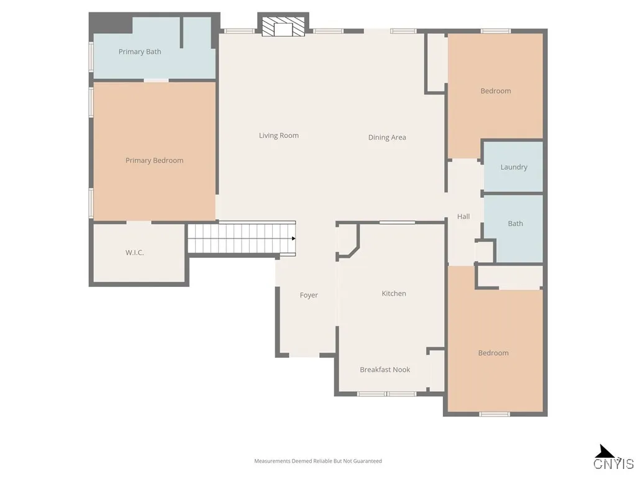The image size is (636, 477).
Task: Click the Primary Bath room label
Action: pos(140,52)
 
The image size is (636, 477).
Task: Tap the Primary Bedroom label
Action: pos(154,160)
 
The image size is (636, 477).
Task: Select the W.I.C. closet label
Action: pos(135,253)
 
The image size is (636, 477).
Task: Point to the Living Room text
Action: pos(279,135)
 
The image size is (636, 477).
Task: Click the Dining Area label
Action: pos(387,137)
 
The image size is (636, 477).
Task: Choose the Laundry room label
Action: pos(514,167)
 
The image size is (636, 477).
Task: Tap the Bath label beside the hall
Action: pos(516,224)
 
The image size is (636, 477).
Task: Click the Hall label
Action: pos(463,217)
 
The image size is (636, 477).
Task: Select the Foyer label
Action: pos(309,295)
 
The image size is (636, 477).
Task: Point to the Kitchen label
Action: pos(394,293)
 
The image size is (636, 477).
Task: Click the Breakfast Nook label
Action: pos(385,370)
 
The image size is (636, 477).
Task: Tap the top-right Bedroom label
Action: pos(496,91)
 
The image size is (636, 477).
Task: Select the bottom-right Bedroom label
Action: pos(493,353)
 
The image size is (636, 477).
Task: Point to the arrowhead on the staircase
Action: pos(293,238)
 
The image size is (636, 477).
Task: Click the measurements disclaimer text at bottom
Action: pos(318,461)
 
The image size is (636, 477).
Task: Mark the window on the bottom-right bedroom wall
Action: pos(494,414)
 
